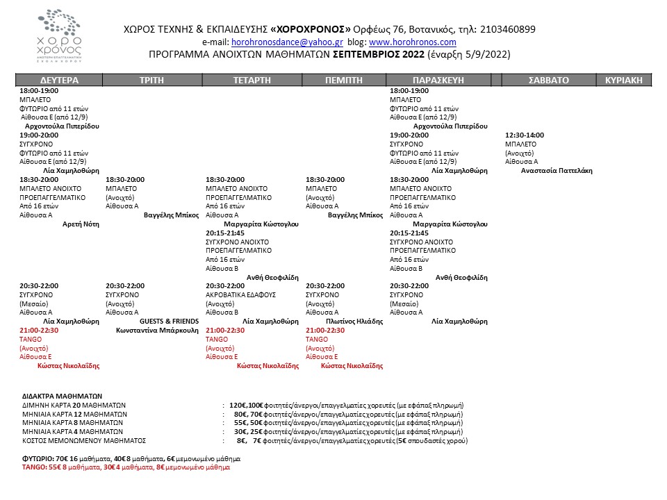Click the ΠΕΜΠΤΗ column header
point(344,80)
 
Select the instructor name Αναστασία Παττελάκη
point(556,171)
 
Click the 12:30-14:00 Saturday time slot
point(525,135)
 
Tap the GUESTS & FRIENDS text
point(167,322)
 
